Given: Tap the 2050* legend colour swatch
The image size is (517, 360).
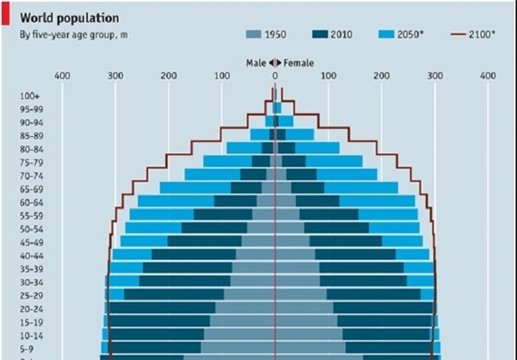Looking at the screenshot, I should click(x=387, y=35).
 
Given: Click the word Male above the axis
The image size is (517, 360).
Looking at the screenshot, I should click(x=256, y=63).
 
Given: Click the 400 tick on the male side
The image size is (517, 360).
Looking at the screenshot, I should click(x=62, y=76).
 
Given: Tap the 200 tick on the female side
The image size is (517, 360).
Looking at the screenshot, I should click(x=382, y=76).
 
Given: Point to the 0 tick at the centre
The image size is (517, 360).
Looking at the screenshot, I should click(x=276, y=76).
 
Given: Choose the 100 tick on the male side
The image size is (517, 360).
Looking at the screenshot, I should click(x=221, y=76).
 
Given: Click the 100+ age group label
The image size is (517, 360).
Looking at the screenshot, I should click(x=29, y=95).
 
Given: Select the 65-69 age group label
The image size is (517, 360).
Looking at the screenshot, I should click(x=31, y=189).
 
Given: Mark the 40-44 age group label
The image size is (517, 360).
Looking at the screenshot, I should click(x=31, y=255).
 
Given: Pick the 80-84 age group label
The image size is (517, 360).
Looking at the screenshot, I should click(x=31, y=148).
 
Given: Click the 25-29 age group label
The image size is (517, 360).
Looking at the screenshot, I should click(x=31, y=295).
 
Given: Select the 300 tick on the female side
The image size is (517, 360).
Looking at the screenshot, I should click(x=435, y=76).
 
